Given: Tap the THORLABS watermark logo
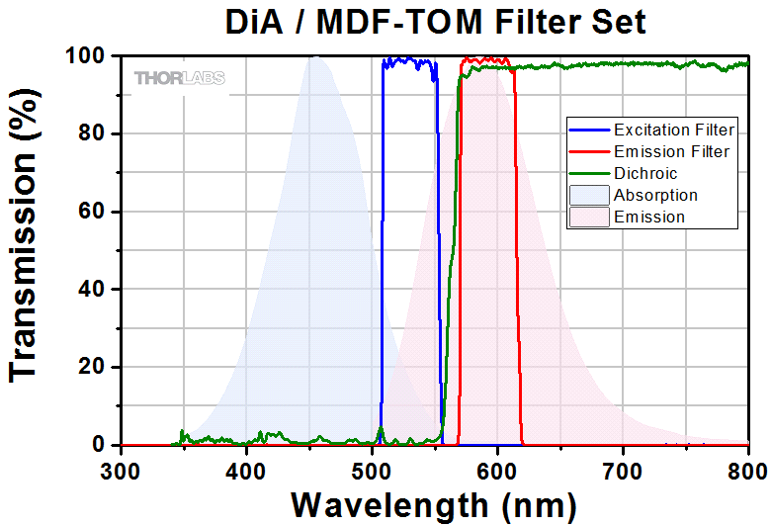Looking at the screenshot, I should pyautogui.click(x=180, y=77).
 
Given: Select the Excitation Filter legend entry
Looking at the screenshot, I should pyautogui.click(x=673, y=130).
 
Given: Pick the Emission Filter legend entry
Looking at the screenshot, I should pyautogui.click(x=671, y=151).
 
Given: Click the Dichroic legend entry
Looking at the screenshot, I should pyautogui.click(x=645, y=173).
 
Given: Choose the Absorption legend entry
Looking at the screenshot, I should pyautogui.click(x=655, y=195).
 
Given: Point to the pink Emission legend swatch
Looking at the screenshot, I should pyautogui.click(x=588, y=217).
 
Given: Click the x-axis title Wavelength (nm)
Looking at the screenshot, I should pyautogui.click(x=434, y=504).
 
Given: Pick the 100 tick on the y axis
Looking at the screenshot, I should pyautogui.click(x=91, y=56).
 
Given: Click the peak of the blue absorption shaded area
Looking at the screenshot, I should pyautogui.click(x=315, y=58).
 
